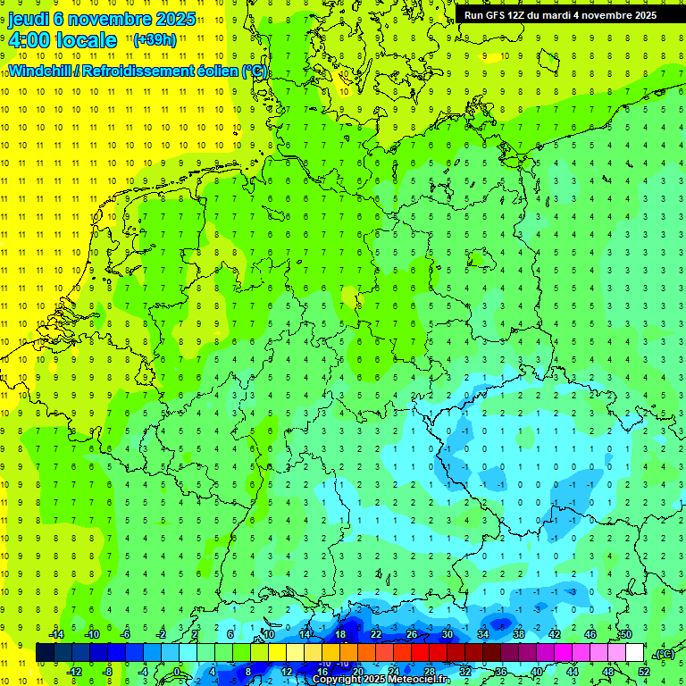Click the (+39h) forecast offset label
click(x=155, y=39)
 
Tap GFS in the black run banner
click(x=497, y=15)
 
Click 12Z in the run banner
click(x=520, y=15)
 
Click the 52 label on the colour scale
click(x=644, y=672)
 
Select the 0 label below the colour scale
click(x=178, y=672)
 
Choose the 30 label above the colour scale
click(x=448, y=634)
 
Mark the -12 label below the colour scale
click(x=75, y=672)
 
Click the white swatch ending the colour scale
click(x=635, y=653)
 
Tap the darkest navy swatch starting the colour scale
click(x=45, y=653)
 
